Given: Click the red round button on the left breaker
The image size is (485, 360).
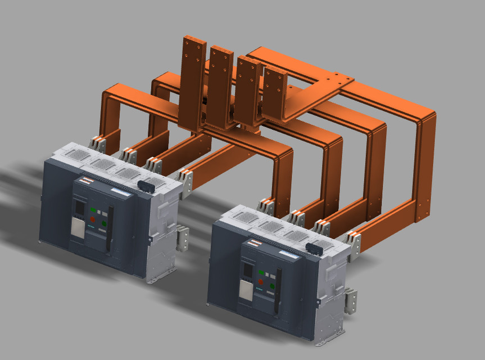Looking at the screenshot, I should point(93,219).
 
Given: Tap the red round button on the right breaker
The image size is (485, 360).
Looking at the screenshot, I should point(261,282).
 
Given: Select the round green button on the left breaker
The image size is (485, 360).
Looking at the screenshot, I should point(104,223).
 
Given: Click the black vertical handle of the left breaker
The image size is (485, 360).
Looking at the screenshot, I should point(110,228).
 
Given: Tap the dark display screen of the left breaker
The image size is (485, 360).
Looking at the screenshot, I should point(80,208).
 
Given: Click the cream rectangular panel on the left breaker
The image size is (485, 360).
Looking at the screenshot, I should point(78,228).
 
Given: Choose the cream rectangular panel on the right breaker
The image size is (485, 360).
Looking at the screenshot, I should point(246,290).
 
